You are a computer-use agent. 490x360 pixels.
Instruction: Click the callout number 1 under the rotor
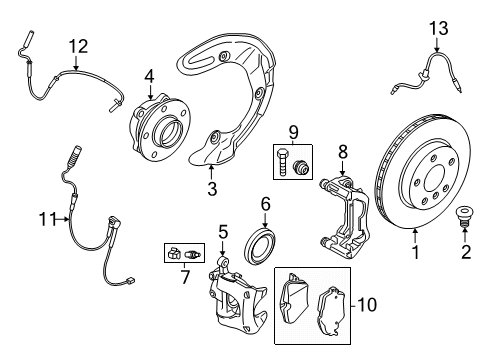(413, 253)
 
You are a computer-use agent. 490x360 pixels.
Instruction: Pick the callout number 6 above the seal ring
(266, 203)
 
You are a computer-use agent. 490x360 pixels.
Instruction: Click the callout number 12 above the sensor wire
(78, 45)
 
